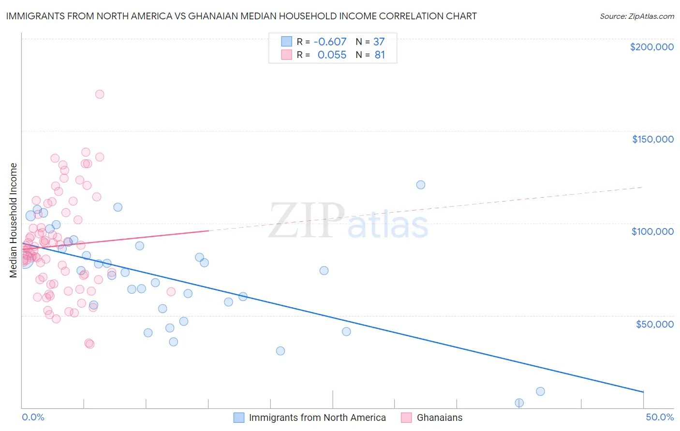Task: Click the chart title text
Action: pyautogui.click(x=241, y=16)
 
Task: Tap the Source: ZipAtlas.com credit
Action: pyautogui.click(x=636, y=16)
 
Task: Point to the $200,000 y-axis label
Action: pyautogui.click(x=651, y=47)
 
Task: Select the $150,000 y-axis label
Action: pyautogui.click(x=652, y=139)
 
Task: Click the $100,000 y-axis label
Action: pyautogui.click(x=652, y=231)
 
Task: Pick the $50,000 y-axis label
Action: pyautogui.click(x=654, y=324)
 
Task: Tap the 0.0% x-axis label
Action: pyautogui.click(x=33, y=417)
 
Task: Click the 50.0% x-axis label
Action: pyautogui.click(x=660, y=417)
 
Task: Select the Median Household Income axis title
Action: pyautogui.click(x=14, y=220)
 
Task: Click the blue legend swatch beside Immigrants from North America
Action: pyautogui.click(x=239, y=417)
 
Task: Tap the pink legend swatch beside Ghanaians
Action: pyautogui.click(x=406, y=417)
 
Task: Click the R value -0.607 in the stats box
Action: pyautogui.click(x=330, y=42)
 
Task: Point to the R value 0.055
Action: pyautogui.click(x=332, y=55)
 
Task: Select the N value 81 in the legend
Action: pyautogui.click(x=380, y=55)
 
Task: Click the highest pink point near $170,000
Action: pyautogui.click(x=100, y=94)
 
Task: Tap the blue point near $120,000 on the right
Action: pyautogui.click(x=421, y=185)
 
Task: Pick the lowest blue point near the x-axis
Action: pyautogui.click(x=519, y=402)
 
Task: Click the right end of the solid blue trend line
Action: pyautogui.click(x=643, y=391)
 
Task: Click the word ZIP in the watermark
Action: pyautogui.click(x=306, y=220)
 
